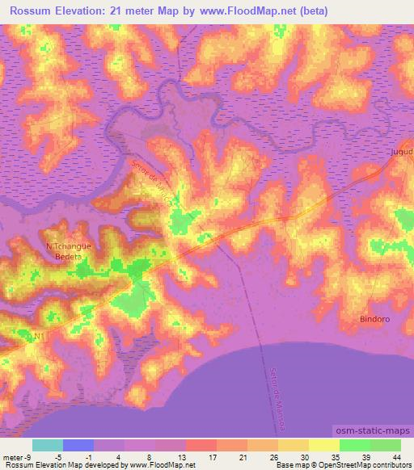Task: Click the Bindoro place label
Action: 374,320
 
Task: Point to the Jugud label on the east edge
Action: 401,151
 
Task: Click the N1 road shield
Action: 37,335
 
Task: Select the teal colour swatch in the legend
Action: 48,445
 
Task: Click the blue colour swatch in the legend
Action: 78,445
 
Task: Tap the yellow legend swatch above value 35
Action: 323,445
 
